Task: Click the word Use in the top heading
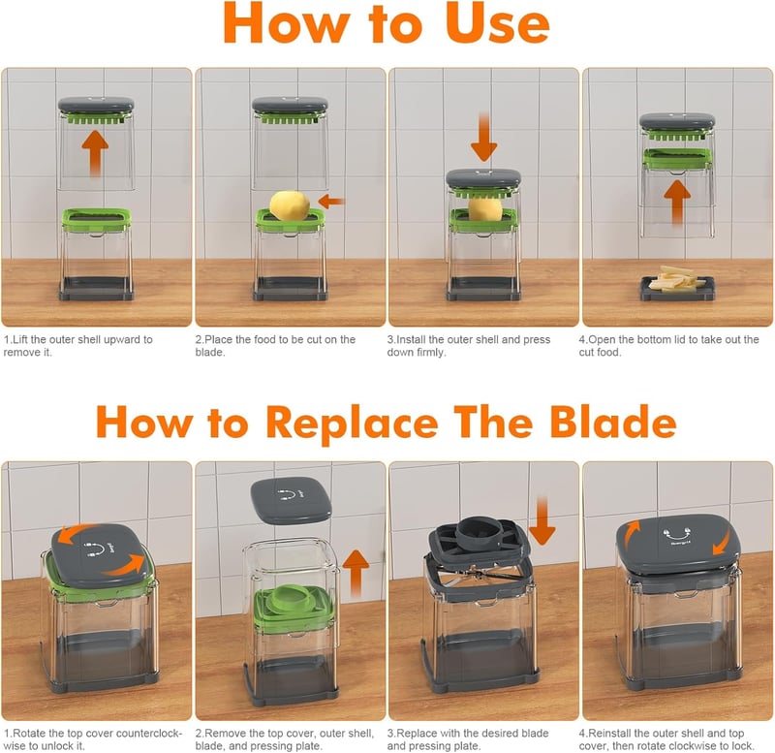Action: tap(497, 23)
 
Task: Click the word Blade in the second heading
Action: tap(613, 423)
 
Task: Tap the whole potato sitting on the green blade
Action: tap(290, 205)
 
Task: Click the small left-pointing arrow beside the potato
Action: tap(331, 202)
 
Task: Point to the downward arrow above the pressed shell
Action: tap(483, 137)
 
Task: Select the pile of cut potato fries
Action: tap(676, 279)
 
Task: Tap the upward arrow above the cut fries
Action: tap(677, 203)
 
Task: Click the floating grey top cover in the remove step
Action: tap(292, 500)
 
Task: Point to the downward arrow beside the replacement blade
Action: tap(542, 520)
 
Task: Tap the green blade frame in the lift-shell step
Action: tap(96, 220)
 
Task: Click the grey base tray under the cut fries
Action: tap(677, 289)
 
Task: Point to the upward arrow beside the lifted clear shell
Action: tap(356, 574)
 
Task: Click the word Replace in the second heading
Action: tap(353, 424)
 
